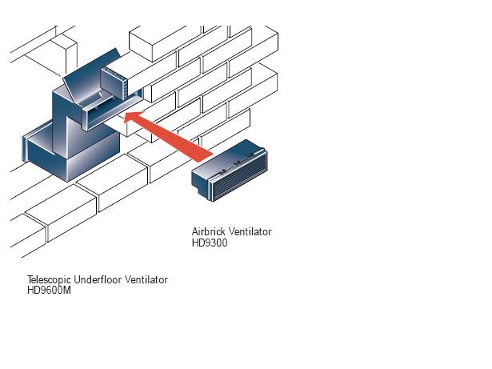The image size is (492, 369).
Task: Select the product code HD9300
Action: [x=210, y=243]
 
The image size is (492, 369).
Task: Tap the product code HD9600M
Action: [x=49, y=291]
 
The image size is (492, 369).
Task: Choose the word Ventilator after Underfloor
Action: [x=146, y=279]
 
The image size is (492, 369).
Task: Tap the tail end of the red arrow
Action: [x=206, y=158]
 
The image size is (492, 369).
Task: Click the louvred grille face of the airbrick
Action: [x=240, y=177]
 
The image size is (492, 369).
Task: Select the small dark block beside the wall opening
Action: [x=114, y=83]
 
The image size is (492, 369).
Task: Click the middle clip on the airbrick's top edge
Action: [x=238, y=163]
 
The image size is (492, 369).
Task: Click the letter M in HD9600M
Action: [x=67, y=291]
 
